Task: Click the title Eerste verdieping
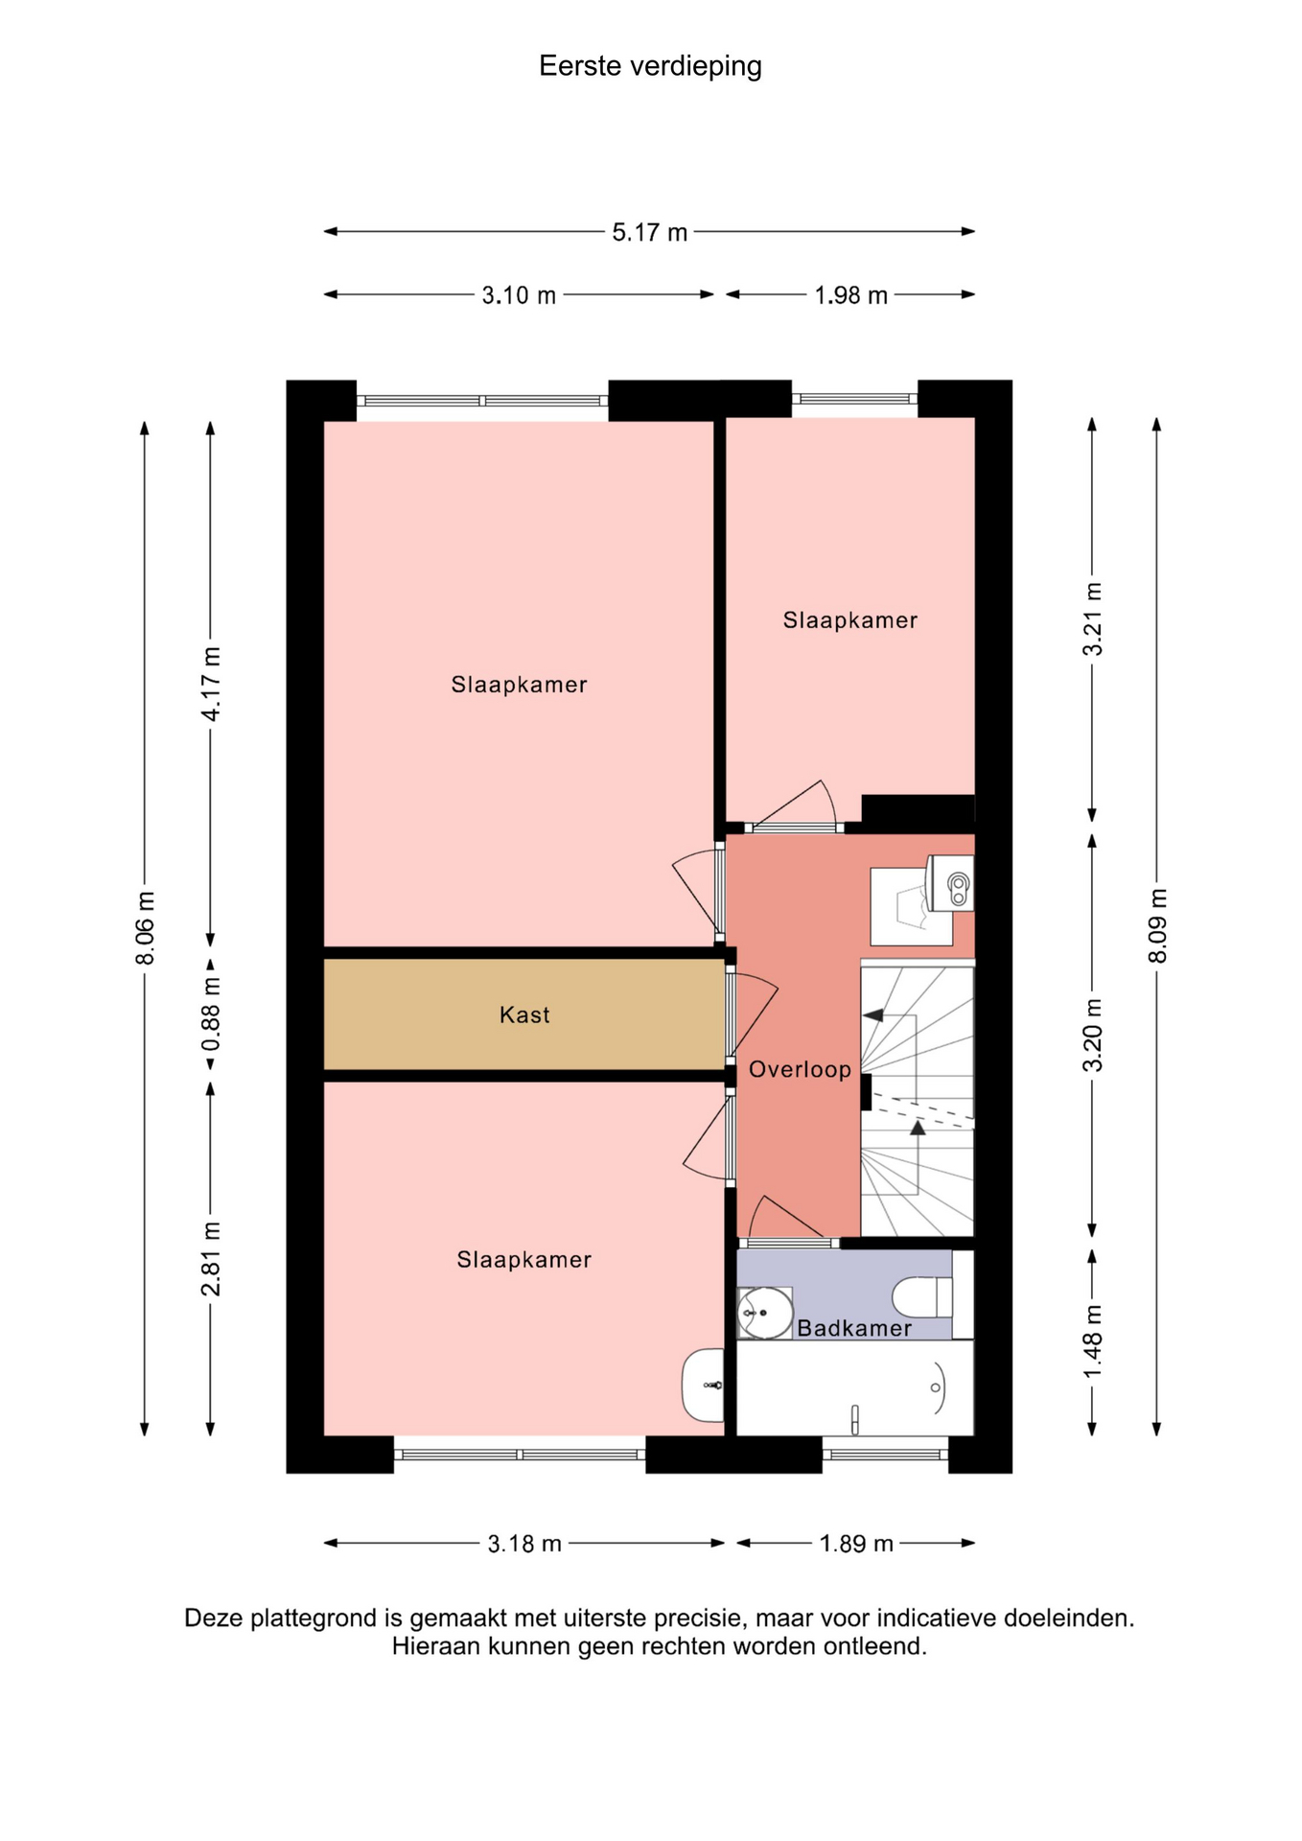click(x=650, y=66)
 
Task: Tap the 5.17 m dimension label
click(x=650, y=232)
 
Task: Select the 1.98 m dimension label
click(x=850, y=295)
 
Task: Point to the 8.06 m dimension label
click(x=145, y=928)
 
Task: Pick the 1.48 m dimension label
click(x=1092, y=1341)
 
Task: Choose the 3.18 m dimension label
click(x=524, y=1544)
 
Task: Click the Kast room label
click(x=524, y=1014)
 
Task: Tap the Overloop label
click(x=800, y=1069)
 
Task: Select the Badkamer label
click(x=854, y=1328)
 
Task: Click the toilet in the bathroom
click(x=922, y=1297)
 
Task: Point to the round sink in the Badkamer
click(x=764, y=1313)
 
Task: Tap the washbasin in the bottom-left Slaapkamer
click(x=704, y=1386)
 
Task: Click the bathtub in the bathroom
click(x=854, y=1387)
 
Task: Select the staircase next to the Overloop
click(x=918, y=1102)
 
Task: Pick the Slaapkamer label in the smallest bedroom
click(x=850, y=620)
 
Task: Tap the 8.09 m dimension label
click(x=1157, y=925)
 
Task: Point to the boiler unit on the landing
click(x=949, y=883)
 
